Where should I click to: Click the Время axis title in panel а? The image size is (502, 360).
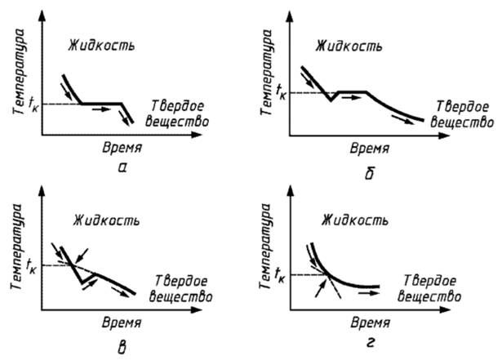tap(122, 149)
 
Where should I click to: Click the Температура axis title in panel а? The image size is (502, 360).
tap(18, 74)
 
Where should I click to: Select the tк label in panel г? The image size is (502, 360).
tap(282, 273)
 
